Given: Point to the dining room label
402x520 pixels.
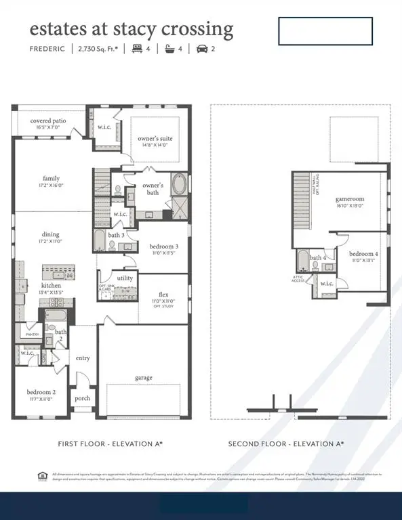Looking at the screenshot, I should pos(51,234).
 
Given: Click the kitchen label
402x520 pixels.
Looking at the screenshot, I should pos(52,286).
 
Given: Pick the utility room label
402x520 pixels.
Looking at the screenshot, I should pos(125,278).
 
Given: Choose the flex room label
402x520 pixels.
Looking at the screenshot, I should pos(163,295).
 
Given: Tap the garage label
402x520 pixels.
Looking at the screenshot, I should pos(143,377).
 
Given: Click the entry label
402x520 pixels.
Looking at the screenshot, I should pos(83,358).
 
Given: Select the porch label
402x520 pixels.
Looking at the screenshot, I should pos(83,398).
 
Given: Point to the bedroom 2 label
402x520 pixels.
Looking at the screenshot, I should pos(41,392).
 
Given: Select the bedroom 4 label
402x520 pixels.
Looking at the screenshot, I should pos(363,254).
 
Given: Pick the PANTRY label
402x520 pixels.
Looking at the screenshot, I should pos(32,334).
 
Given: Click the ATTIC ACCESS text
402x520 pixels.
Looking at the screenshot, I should pos(298,278).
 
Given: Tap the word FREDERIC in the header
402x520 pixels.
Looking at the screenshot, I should pos(47,49).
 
